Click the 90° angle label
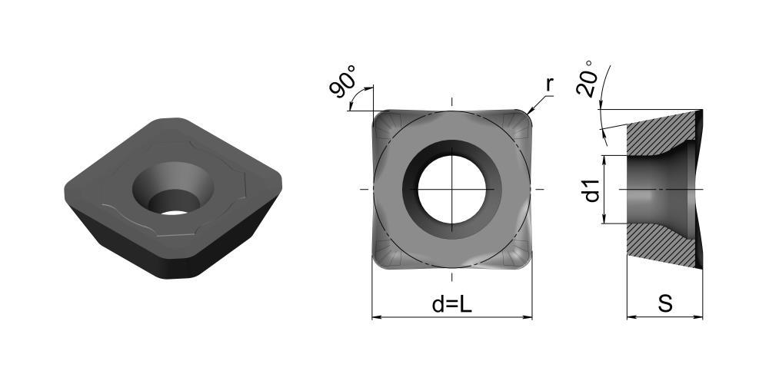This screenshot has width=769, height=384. tap(342, 81)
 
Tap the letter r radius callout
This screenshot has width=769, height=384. tap(549, 85)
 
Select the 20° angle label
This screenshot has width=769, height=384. tap(587, 78)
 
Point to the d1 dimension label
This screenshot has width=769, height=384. tap(592, 190)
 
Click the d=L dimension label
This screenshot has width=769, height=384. tap(451, 305)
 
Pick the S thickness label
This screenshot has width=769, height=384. tap(665, 304)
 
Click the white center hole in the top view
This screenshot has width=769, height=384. tap(451, 189)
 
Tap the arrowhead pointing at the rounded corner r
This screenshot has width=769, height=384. tap(530, 112)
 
